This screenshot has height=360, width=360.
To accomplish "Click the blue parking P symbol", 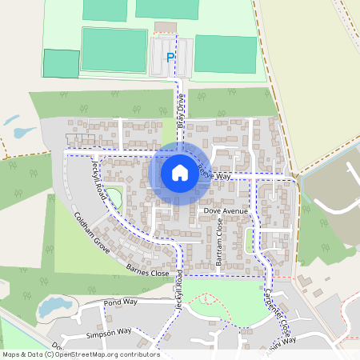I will coord(170,57).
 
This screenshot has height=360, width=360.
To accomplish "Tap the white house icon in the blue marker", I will coord(179,173).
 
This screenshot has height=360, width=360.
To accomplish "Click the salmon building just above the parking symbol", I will coord(166,27).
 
